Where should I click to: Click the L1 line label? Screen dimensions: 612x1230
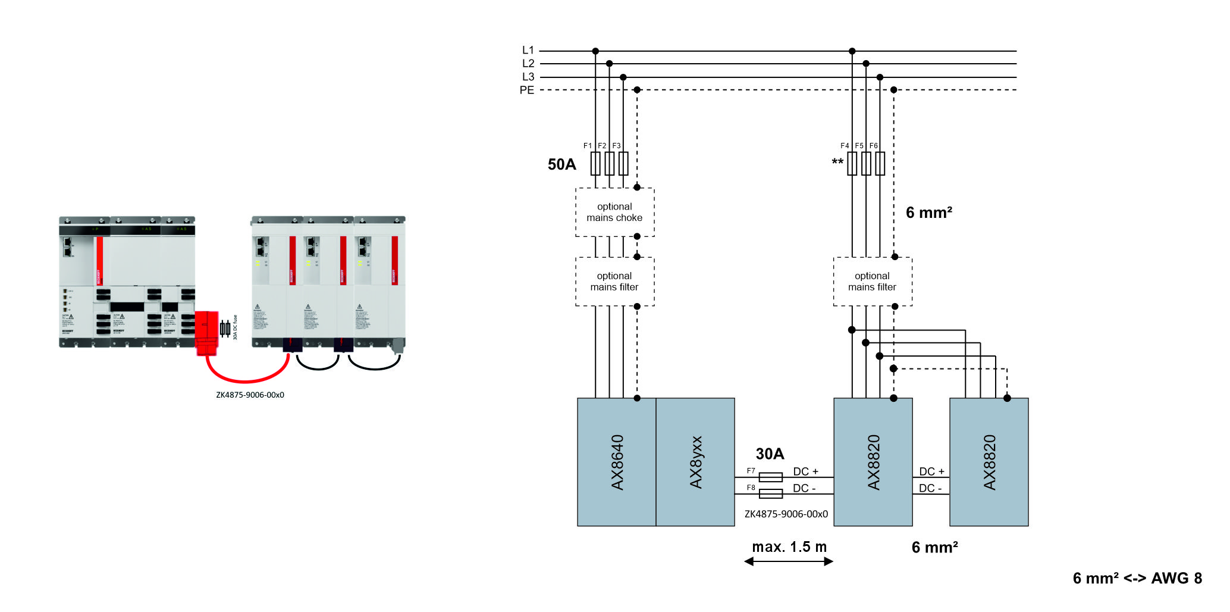[x=528, y=51]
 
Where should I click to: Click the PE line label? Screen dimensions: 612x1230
[x=527, y=90]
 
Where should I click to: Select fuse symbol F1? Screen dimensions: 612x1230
[x=595, y=164]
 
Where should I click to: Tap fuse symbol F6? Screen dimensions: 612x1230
[x=880, y=164]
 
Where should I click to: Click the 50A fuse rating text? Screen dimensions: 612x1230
[x=561, y=164]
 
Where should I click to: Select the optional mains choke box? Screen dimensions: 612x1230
[x=614, y=213]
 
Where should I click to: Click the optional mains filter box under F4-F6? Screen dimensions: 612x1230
[x=872, y=282]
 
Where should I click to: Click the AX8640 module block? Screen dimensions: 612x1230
[x=617, y=462]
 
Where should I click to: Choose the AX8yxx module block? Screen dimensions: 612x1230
[x=695, y=462]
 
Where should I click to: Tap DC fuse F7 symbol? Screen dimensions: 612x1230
[x=771, y=477]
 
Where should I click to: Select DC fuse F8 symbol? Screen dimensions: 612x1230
[x=771, y=494]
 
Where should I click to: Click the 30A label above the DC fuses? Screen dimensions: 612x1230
[x=770, y=454]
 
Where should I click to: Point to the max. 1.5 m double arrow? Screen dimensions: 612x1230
[x=789, y=561]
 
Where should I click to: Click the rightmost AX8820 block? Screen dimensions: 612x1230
[x=989, y=462]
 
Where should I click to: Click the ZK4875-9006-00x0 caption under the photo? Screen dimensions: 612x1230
[x=250, y=395]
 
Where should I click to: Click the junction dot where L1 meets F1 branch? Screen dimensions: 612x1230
[x=595, y=51]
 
